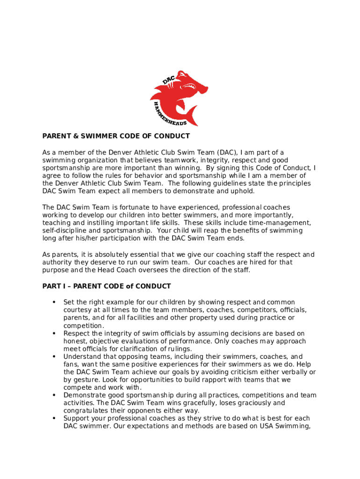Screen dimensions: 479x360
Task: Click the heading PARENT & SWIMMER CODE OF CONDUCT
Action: coord(116,136)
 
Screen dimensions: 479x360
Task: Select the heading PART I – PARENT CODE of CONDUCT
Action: coord(107,286)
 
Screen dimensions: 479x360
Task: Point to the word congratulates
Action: coord(86,411)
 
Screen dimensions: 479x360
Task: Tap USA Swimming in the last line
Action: coord(286,426)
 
